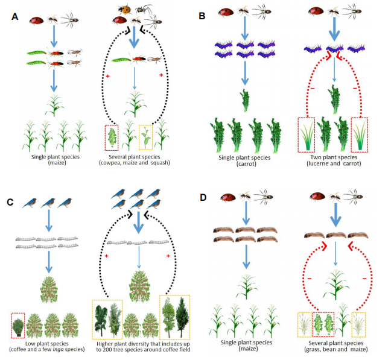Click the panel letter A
click(x=15, y=17)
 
